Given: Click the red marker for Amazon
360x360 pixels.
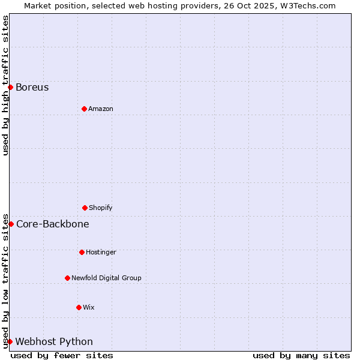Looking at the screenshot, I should [x=84, y=109].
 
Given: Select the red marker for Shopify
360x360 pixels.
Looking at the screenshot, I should [x=85, y=208].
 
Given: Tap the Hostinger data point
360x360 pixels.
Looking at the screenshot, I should [x=82, y=252].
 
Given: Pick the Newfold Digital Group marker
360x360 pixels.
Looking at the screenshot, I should [x=67, y=278].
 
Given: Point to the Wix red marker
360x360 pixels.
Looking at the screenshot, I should [x=79, y=307].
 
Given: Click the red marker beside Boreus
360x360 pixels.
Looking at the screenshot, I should [x=10, y=87].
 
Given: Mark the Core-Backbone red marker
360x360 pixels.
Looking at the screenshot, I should [x=11, y=224].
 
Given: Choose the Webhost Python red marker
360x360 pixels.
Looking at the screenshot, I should [x=10, y=341].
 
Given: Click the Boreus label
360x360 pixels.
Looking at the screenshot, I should [x=32, y=87].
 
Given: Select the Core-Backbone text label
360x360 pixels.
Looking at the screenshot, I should [x=53, y=224].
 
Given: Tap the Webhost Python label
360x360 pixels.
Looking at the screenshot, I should [x=54, y=342].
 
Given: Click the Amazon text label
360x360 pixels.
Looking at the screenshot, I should [x=101, y=109].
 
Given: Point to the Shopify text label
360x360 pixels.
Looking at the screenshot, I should [x=101, y=208].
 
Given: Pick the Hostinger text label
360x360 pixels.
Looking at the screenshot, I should [x=101, y=252].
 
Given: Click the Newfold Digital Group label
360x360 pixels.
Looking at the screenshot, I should [x=106, y=278].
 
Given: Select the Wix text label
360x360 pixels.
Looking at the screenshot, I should [x=89, y=307].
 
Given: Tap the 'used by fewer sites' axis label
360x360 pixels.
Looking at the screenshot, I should [x=62, y=355].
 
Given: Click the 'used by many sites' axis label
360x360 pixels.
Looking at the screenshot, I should [x=301, y=355].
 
